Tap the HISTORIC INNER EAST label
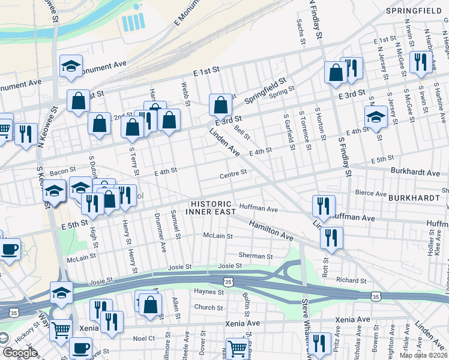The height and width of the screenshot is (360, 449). pyautogui.click(x=208, y=208)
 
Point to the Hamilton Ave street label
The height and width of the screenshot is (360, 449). pyautogui.click(x=271, y=230)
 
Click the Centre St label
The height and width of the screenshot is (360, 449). pyautogui.click(x=233, y=173)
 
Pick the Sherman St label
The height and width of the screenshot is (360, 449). pyautogui.click(x=256, y=256)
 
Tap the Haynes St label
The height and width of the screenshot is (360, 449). pyautogui.click(x=208, y=292)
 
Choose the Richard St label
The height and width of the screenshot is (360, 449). pyautogui.click(x=351, y=280)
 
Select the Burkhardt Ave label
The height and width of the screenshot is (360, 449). pyautogui.click(x=415, y=172)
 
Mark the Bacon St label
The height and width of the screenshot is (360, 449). pyautogui.click(x=62, y=172)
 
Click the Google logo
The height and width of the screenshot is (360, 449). pyautogui.click(x=20, y=353)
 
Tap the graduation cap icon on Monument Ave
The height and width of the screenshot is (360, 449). pyautogui.click(x=71, y=66)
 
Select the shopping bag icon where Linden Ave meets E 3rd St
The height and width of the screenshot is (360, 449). pyautogui.click(x=221, y=104)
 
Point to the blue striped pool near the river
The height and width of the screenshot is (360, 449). pyautogui.click(x=133, y=23)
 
